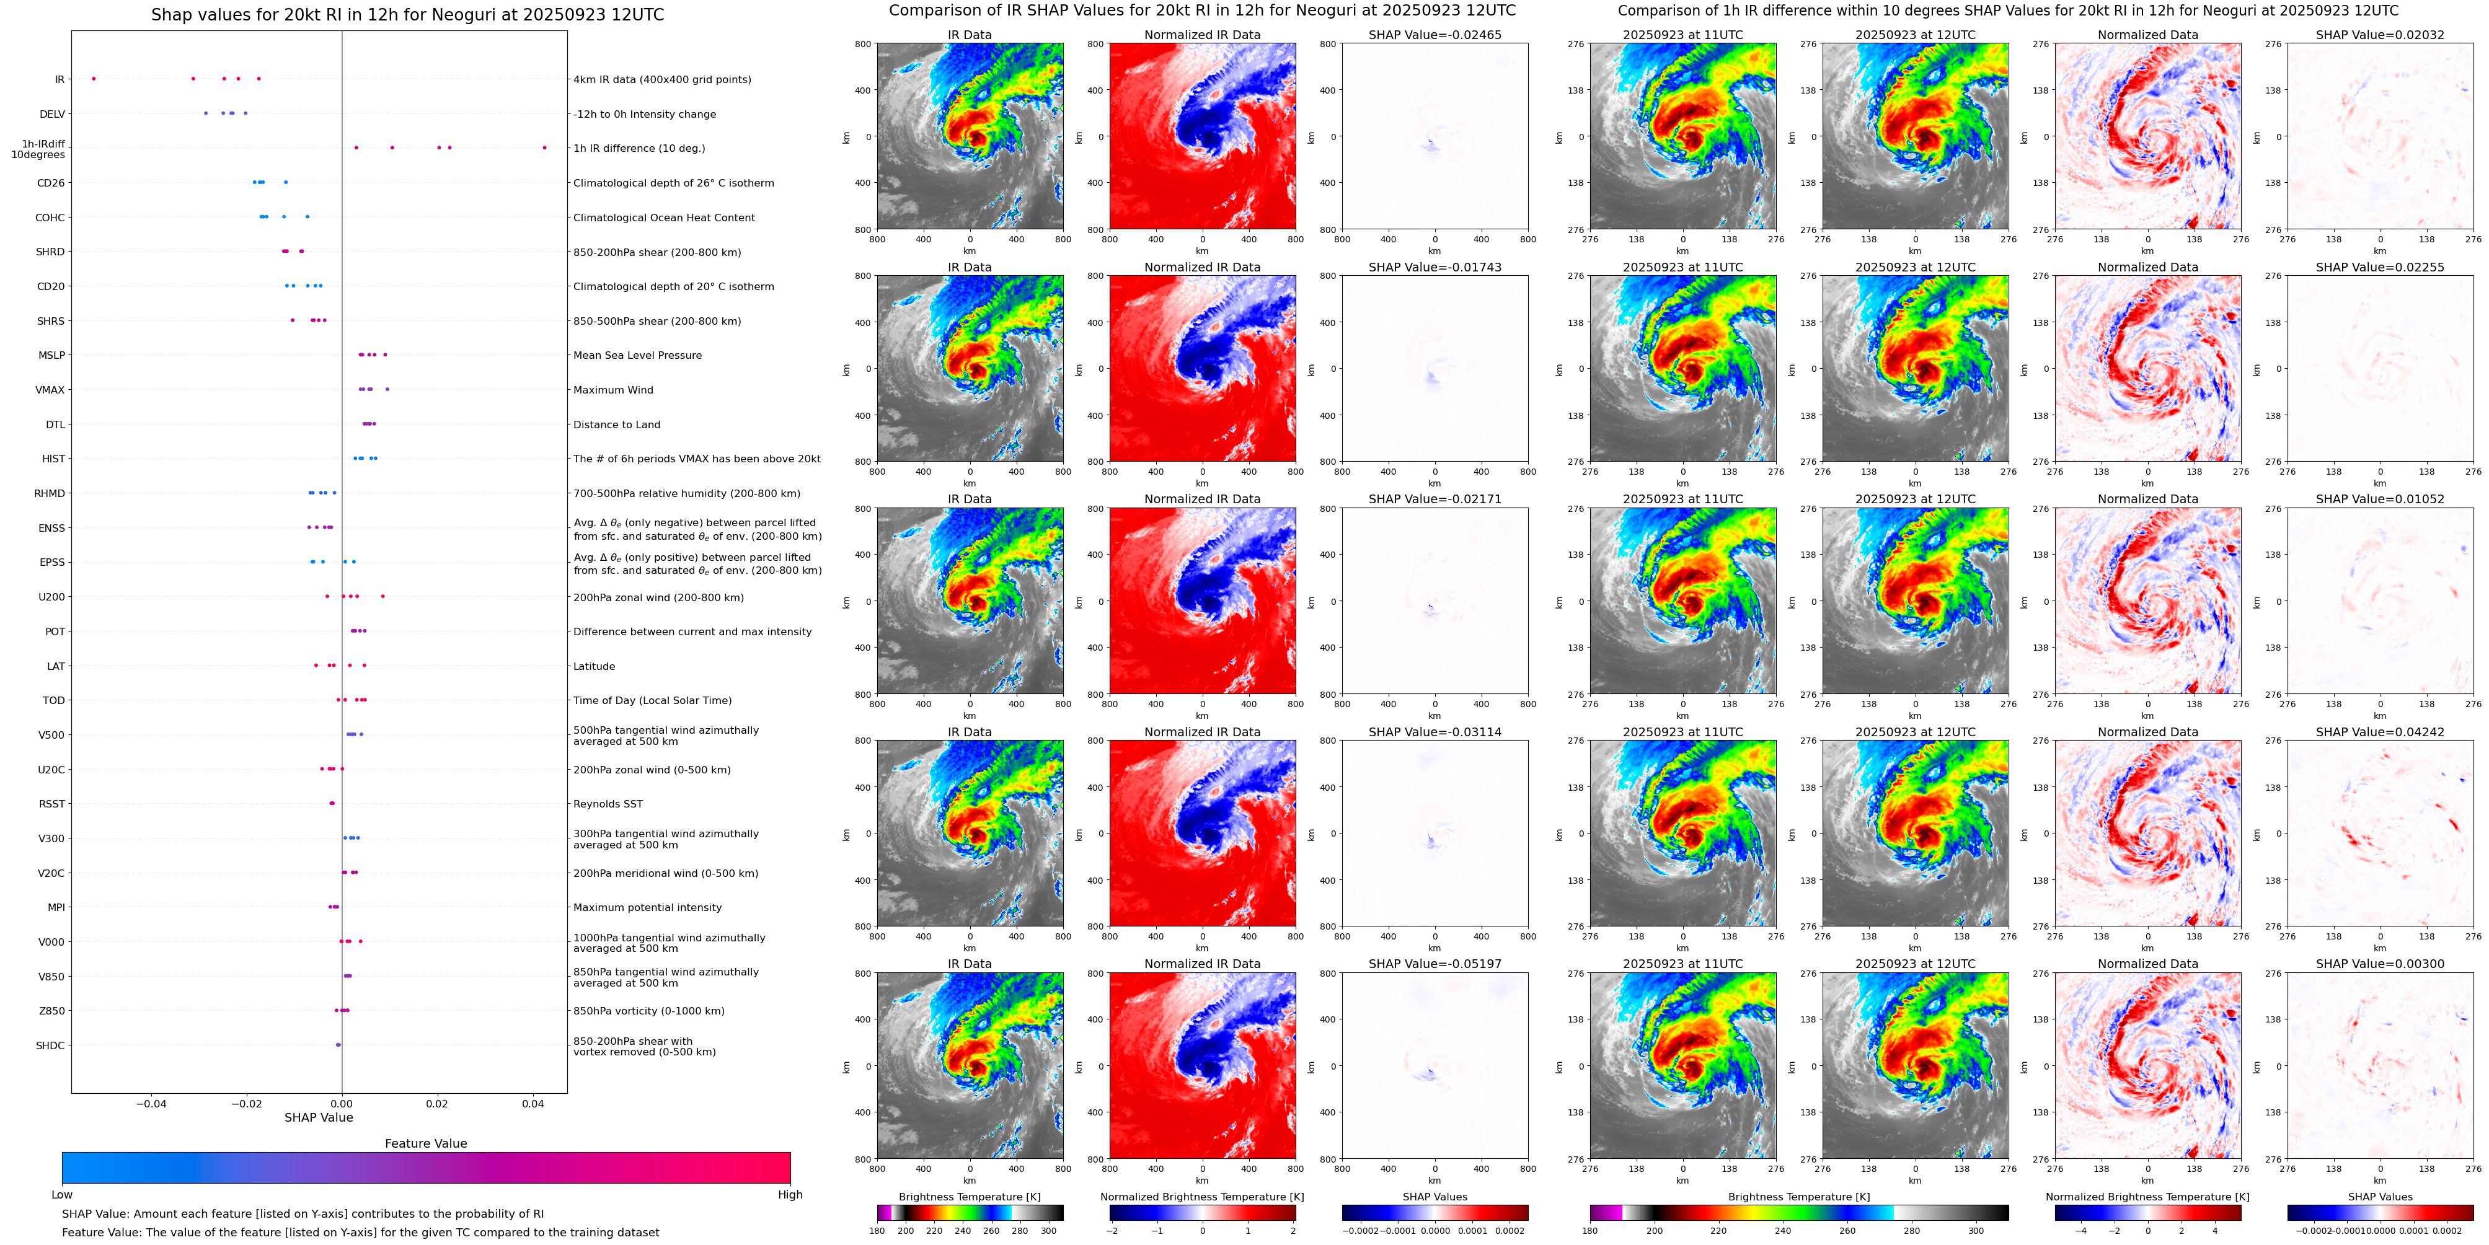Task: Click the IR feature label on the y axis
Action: click(59, 79)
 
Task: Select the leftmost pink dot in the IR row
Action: click(93, 78)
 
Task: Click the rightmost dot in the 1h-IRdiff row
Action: click(544, 147)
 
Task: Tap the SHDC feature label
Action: click(50, 1045)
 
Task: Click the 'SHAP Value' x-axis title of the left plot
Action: click(318, 1117)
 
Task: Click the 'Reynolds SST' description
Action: click(607, 804)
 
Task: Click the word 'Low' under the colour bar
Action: click(62, 1195)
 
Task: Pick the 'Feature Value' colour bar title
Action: click(425, 1143)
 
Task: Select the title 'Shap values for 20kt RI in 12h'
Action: click(407, 14)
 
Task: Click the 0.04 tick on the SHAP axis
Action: click(533, 1103)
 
